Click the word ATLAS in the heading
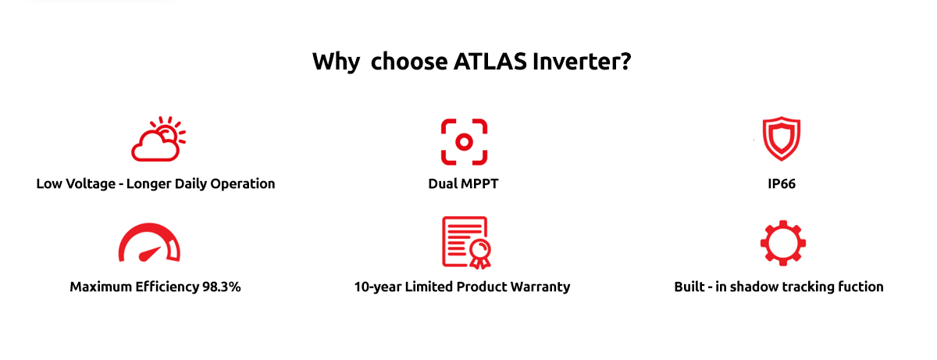490,62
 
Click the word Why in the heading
336,62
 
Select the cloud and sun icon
159,139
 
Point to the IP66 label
782,184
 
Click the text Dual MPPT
463,184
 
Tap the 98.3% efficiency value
221,287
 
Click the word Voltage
90,184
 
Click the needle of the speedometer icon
150,254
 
